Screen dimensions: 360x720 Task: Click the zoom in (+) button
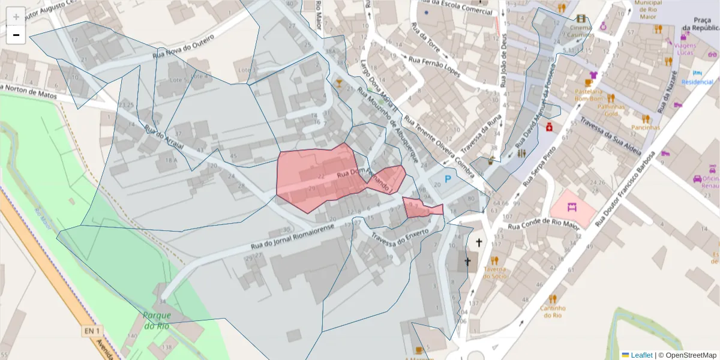[16, 17]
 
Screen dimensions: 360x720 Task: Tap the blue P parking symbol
[448, 179]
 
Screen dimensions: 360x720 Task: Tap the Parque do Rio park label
[157, 320]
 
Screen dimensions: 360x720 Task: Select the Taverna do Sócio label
[494, 272]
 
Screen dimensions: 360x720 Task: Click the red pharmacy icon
[548, 127]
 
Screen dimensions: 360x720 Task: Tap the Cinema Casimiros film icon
[580, 19]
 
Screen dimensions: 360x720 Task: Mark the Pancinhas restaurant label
[645, 127]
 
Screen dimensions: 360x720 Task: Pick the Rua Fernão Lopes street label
[434, 67]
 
